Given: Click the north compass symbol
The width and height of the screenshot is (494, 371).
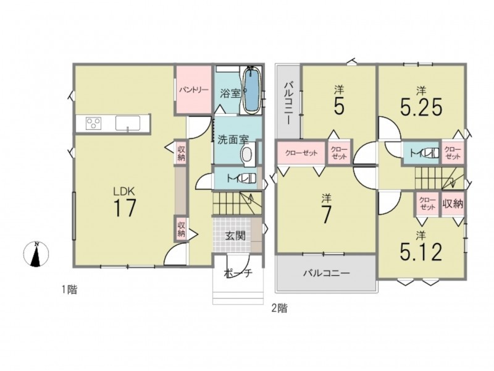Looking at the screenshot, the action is click(36, 254).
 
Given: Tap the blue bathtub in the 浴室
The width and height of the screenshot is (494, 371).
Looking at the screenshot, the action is click(251, 90).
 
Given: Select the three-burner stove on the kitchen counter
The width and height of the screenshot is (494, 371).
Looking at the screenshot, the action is click(94, 123).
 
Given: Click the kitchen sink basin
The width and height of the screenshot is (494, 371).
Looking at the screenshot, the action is click(128, 122).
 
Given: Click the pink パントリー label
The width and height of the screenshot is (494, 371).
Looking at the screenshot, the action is click(194, 90).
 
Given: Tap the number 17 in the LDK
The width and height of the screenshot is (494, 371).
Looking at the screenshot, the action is click(125, 208).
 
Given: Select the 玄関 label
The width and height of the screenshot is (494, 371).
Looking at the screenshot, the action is click(235, 236).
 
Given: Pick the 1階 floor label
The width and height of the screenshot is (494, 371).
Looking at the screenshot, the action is click(69, 289).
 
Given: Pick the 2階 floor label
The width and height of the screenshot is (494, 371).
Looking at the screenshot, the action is click(280, 308).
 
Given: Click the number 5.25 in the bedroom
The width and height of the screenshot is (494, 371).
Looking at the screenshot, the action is click(421, 106).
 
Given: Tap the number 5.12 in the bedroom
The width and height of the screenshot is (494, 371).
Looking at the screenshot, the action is click(421, 252).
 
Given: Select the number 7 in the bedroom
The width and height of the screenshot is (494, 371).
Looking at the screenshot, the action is click(326, 215).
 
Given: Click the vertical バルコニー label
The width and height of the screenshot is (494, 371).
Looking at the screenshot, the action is click(288, 103).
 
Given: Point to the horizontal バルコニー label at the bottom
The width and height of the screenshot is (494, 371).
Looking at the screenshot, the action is click(327, 273).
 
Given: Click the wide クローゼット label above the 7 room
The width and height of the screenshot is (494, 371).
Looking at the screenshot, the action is click(301, 153).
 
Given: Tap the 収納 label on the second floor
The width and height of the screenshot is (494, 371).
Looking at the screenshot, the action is click(453, 204).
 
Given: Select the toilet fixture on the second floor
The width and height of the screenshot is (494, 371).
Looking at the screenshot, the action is click(430, 153).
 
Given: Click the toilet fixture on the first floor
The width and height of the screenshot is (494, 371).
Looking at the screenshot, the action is click(246, 178).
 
